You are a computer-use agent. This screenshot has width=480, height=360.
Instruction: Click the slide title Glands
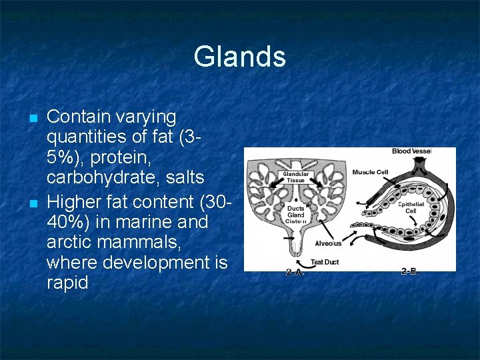tap(239, 57)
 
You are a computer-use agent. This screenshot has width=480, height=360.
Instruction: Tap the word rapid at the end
tap(67, 283)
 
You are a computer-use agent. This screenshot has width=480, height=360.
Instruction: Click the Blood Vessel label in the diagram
tap(411, 151)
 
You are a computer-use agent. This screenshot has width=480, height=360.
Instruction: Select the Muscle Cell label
tap(370, 172)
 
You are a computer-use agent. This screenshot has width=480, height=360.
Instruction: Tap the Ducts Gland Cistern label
tap(295, 215)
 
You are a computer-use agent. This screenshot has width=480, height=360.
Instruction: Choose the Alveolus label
tap(329, 243)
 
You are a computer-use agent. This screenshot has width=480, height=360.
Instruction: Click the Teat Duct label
tap(325, 262)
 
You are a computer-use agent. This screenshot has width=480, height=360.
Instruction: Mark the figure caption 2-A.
tap(295, 272)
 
